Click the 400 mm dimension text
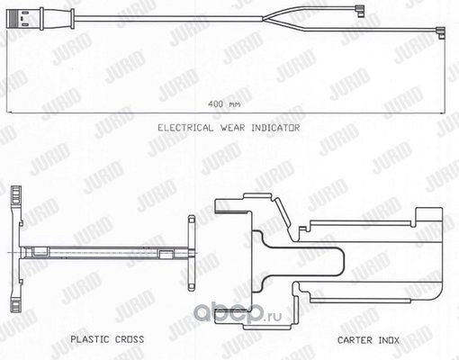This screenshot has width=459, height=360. click(224, 104)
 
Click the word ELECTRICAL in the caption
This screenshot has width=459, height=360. click(185, 128)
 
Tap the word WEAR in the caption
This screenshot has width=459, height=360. click(232, 128)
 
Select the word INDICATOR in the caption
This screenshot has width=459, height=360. click(275, 128)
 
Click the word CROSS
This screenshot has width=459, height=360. click(130, 339)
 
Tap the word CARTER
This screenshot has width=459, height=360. click(355, 340)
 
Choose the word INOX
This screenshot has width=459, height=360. click(389, 340)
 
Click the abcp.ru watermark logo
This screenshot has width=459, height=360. click(238, 313)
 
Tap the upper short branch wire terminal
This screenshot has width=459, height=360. click(359, 10)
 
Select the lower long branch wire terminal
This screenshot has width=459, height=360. click(440, 32)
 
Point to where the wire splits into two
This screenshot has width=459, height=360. click(264, 19)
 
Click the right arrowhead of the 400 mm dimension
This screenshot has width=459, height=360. click(443, 113)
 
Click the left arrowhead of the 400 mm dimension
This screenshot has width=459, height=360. click(8, 113)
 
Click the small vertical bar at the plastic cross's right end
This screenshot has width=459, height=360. click(192, 253)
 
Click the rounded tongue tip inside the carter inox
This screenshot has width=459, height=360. click(341, 262)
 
